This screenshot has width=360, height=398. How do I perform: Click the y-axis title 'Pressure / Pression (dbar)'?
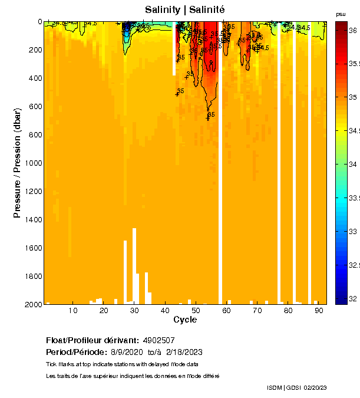(x=18, y=163)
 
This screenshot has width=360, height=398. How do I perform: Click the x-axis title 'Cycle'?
(x=185, y=320)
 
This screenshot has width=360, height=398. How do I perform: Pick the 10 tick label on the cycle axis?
(x=73, y=311)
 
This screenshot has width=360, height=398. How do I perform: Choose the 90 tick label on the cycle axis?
(x=318, y=311)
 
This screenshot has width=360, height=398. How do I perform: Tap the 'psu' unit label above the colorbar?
(x=341, y=14)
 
